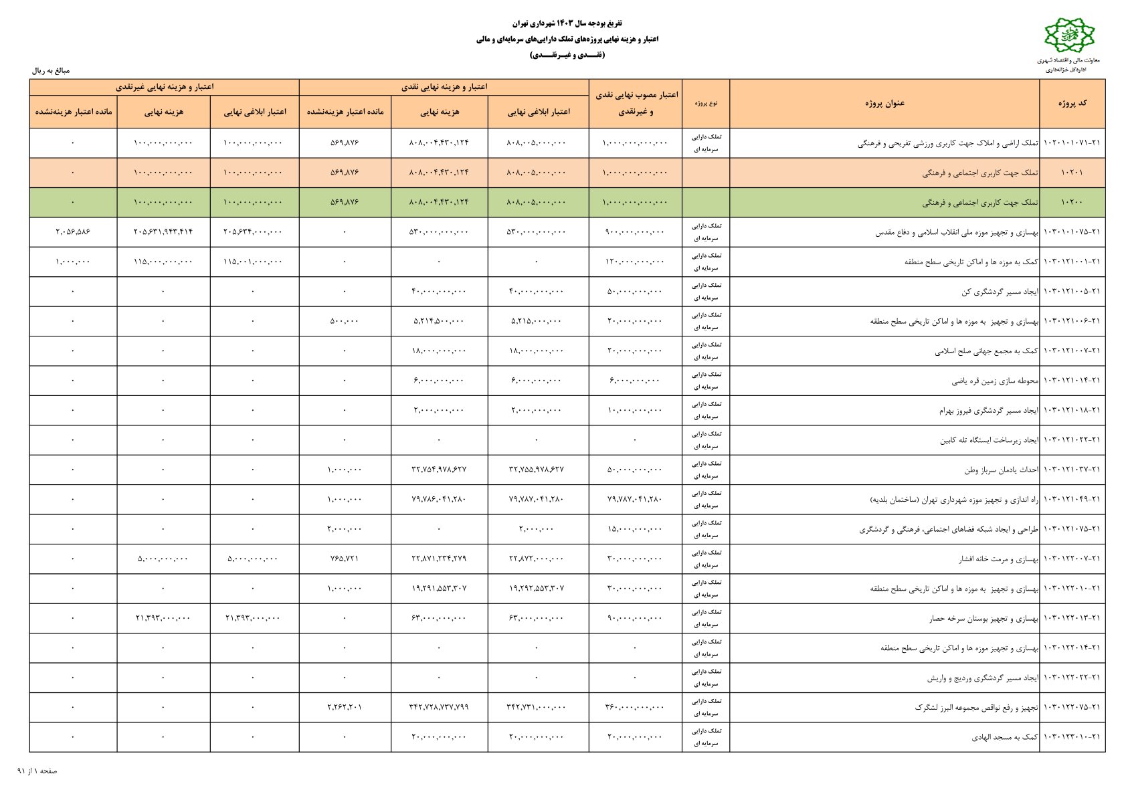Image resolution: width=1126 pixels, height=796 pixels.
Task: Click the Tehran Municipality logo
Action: [x=1069, y=36]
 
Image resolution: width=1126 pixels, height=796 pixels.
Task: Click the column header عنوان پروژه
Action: [x=884, y=103]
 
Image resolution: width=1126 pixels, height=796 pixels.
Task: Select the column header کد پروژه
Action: [x=1072, y=103]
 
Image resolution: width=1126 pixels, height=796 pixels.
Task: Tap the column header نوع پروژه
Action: [x=705, y=104]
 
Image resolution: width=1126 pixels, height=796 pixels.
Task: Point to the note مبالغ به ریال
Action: [x=51, y=70]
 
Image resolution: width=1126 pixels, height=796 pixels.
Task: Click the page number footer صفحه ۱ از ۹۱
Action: [x=37, y=771]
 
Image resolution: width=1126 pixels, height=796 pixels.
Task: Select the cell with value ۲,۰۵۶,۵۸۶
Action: [x=73, y=232]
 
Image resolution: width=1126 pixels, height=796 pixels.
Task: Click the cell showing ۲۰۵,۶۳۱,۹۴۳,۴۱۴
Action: [x=163, y=232]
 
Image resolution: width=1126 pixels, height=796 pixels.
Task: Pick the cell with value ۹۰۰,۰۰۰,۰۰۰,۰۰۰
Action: [x=635, y=232]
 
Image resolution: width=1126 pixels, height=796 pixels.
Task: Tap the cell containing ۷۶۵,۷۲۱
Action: [x=345, y=559]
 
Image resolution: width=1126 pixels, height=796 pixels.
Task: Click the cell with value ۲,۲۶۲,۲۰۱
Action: [x=345, y=707]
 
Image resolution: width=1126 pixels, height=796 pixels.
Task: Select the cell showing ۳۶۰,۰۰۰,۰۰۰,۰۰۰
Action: [x=635, y=707]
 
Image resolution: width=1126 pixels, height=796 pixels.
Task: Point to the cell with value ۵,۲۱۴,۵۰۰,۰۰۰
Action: [x=439, y=321]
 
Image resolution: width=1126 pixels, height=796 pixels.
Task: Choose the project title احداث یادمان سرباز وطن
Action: [x=1001, y=470]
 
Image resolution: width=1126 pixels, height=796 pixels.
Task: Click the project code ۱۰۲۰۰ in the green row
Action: [x=1072, y=202]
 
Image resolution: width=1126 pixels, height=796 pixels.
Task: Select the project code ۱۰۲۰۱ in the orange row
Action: [x=1072, y=173]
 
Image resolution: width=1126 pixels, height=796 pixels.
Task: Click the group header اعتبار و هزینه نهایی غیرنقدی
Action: [x=165, y=87]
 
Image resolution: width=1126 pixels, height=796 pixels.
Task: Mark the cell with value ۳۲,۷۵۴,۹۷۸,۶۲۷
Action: [x=439, y=470]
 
